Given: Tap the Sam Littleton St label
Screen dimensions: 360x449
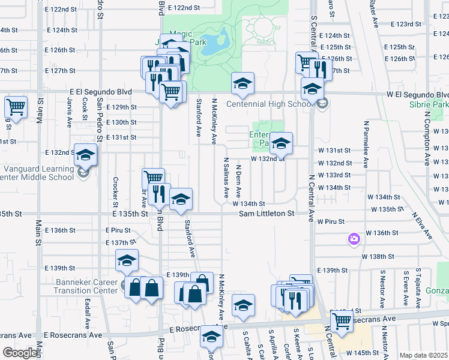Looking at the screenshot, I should (x=267, y=213).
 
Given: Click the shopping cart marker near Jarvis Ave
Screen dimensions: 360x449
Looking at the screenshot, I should (x=16, y=108).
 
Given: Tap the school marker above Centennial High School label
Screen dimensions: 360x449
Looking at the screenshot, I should (x=243, y=84).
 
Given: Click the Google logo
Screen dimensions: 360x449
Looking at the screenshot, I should (x=20, y=353).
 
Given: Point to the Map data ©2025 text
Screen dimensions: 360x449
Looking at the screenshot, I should (x=423, y=355).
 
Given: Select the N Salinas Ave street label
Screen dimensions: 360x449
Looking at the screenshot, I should (x=226, y=178).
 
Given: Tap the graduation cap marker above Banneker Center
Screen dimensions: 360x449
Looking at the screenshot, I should (x=127, y=260).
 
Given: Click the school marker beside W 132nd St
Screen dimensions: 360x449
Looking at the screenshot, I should (x=280, y=143).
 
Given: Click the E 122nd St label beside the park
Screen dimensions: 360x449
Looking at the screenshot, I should (x=183, y=8).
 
